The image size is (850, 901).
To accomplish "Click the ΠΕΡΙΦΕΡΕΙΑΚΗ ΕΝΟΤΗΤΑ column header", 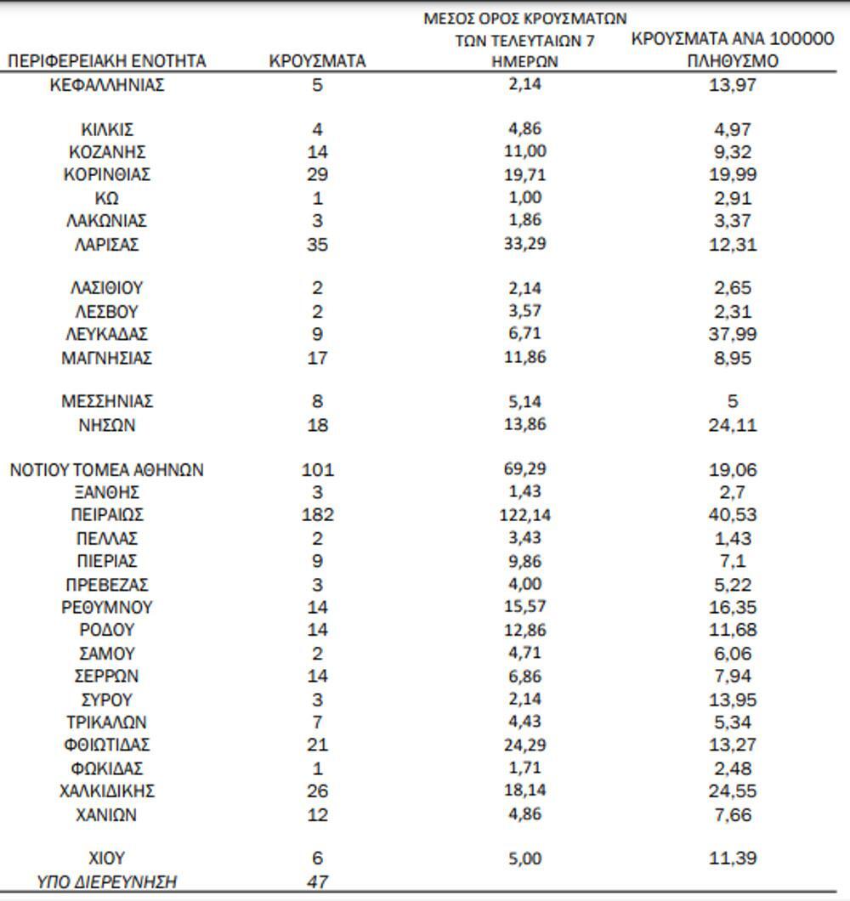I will pos(107,61).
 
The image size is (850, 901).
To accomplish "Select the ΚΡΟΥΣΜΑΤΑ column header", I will pos(317,61).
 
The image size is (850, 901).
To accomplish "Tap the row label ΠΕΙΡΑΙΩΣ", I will pos(107,515).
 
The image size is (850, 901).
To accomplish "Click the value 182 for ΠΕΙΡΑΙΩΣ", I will pos(317,515).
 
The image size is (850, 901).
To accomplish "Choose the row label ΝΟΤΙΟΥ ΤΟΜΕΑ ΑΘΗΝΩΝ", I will pos(107,470).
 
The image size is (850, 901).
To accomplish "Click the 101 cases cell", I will pos(317,470).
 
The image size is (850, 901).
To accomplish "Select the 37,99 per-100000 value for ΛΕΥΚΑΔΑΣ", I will pos(732,334).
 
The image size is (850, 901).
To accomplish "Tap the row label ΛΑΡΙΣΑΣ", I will pos(107,245).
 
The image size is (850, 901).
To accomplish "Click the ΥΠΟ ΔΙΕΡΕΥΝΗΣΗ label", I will pos(107,882).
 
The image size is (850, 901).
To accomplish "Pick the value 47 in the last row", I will pos(317,882).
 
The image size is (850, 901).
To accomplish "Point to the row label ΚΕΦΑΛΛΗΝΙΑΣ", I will pos(107,85).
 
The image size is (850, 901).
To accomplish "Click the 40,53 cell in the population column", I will pos(732,515).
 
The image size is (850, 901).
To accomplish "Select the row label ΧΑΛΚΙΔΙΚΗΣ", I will pos(107,791).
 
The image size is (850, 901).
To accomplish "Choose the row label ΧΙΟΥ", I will pos(107,858).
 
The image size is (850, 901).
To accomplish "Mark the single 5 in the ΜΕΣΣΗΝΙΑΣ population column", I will pos(732,401).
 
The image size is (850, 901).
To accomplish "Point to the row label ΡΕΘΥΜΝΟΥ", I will pos(107,608).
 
